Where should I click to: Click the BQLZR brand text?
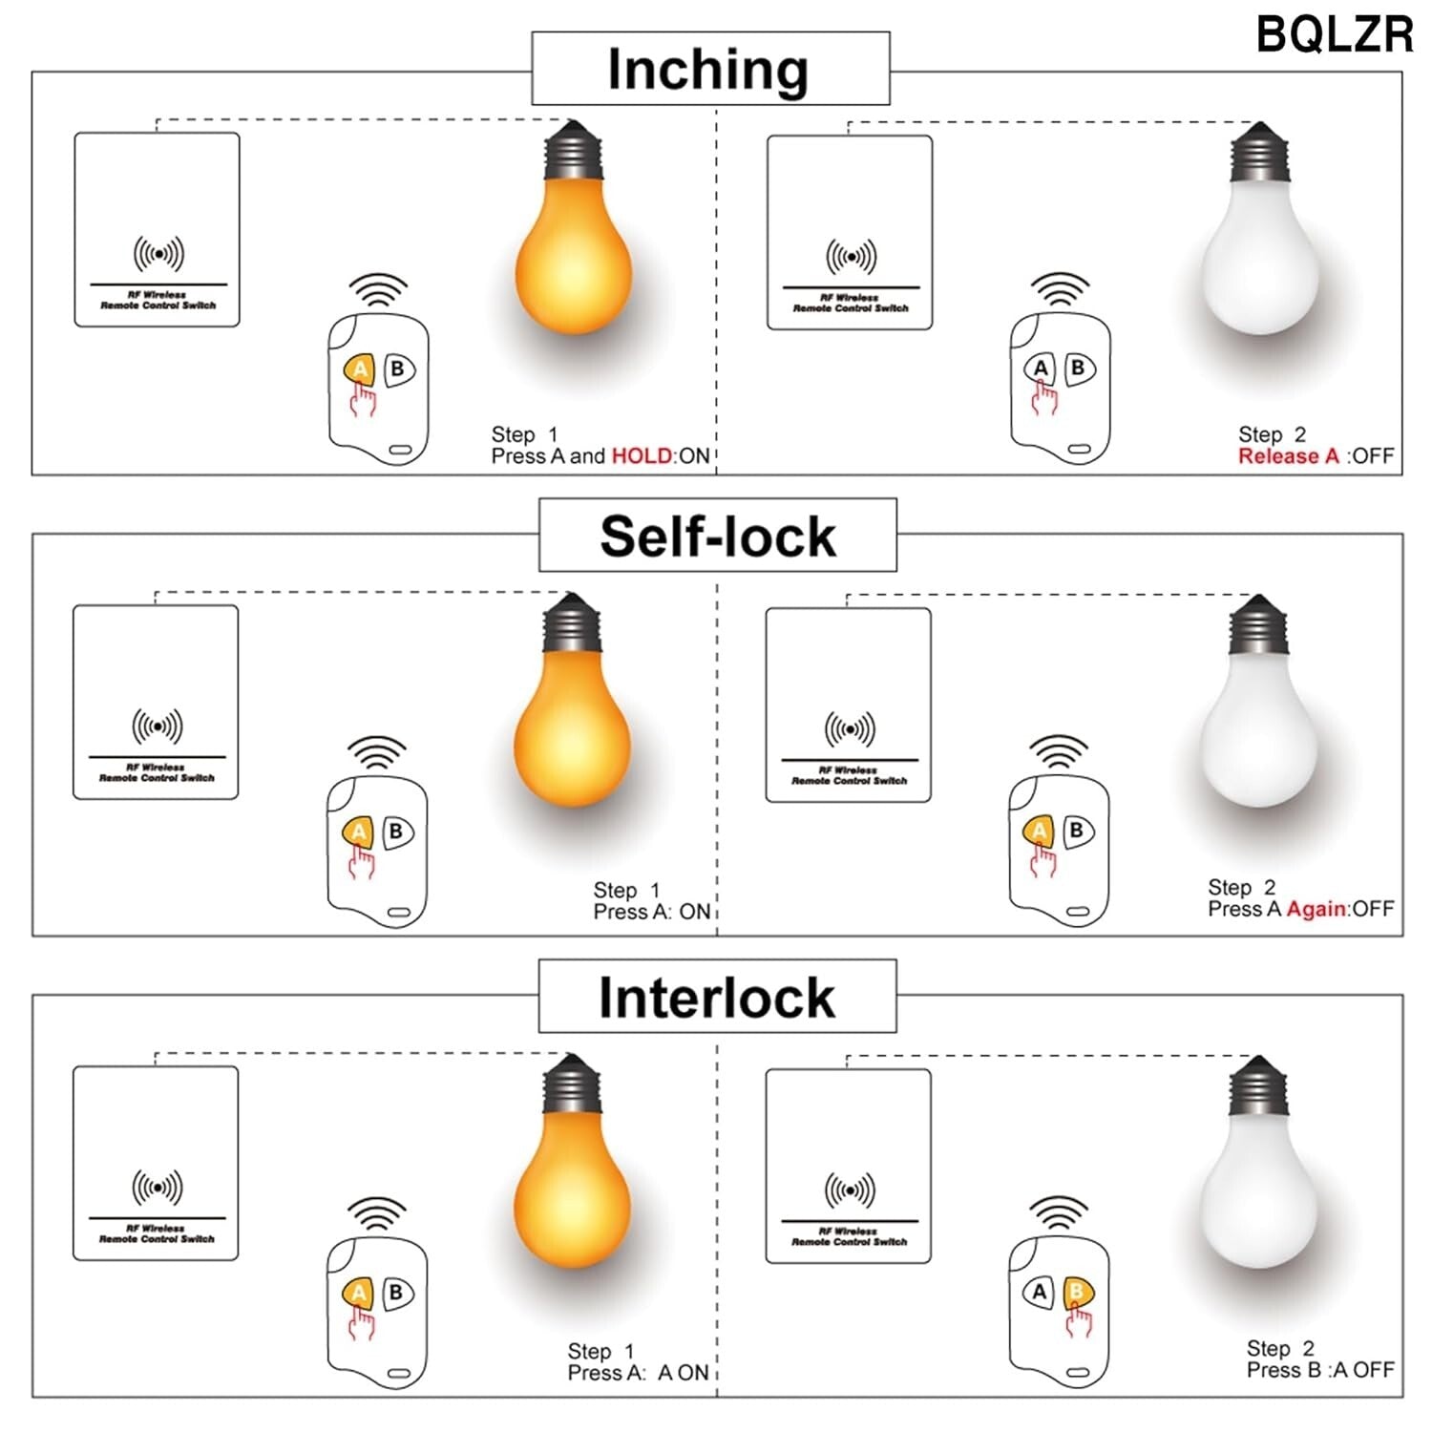[1334, 35]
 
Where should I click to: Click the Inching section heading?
[708, 70]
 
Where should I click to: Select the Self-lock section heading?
[717, 536]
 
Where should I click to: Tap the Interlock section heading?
[716, 998]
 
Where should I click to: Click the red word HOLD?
[642, 456]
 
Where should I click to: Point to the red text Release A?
[1288, 456]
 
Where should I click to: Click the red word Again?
[1316, 909]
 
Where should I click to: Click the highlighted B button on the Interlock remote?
[1077, 1294]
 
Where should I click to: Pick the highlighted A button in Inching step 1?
[359, 369]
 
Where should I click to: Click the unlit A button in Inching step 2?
[1040, 369]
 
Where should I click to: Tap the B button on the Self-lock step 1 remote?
[396, 832]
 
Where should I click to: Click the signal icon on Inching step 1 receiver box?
[158, 254]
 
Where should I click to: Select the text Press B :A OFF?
[1319, 1370]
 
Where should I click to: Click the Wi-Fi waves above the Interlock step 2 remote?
[1058, 1212]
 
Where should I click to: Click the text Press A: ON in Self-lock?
[652, 912]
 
